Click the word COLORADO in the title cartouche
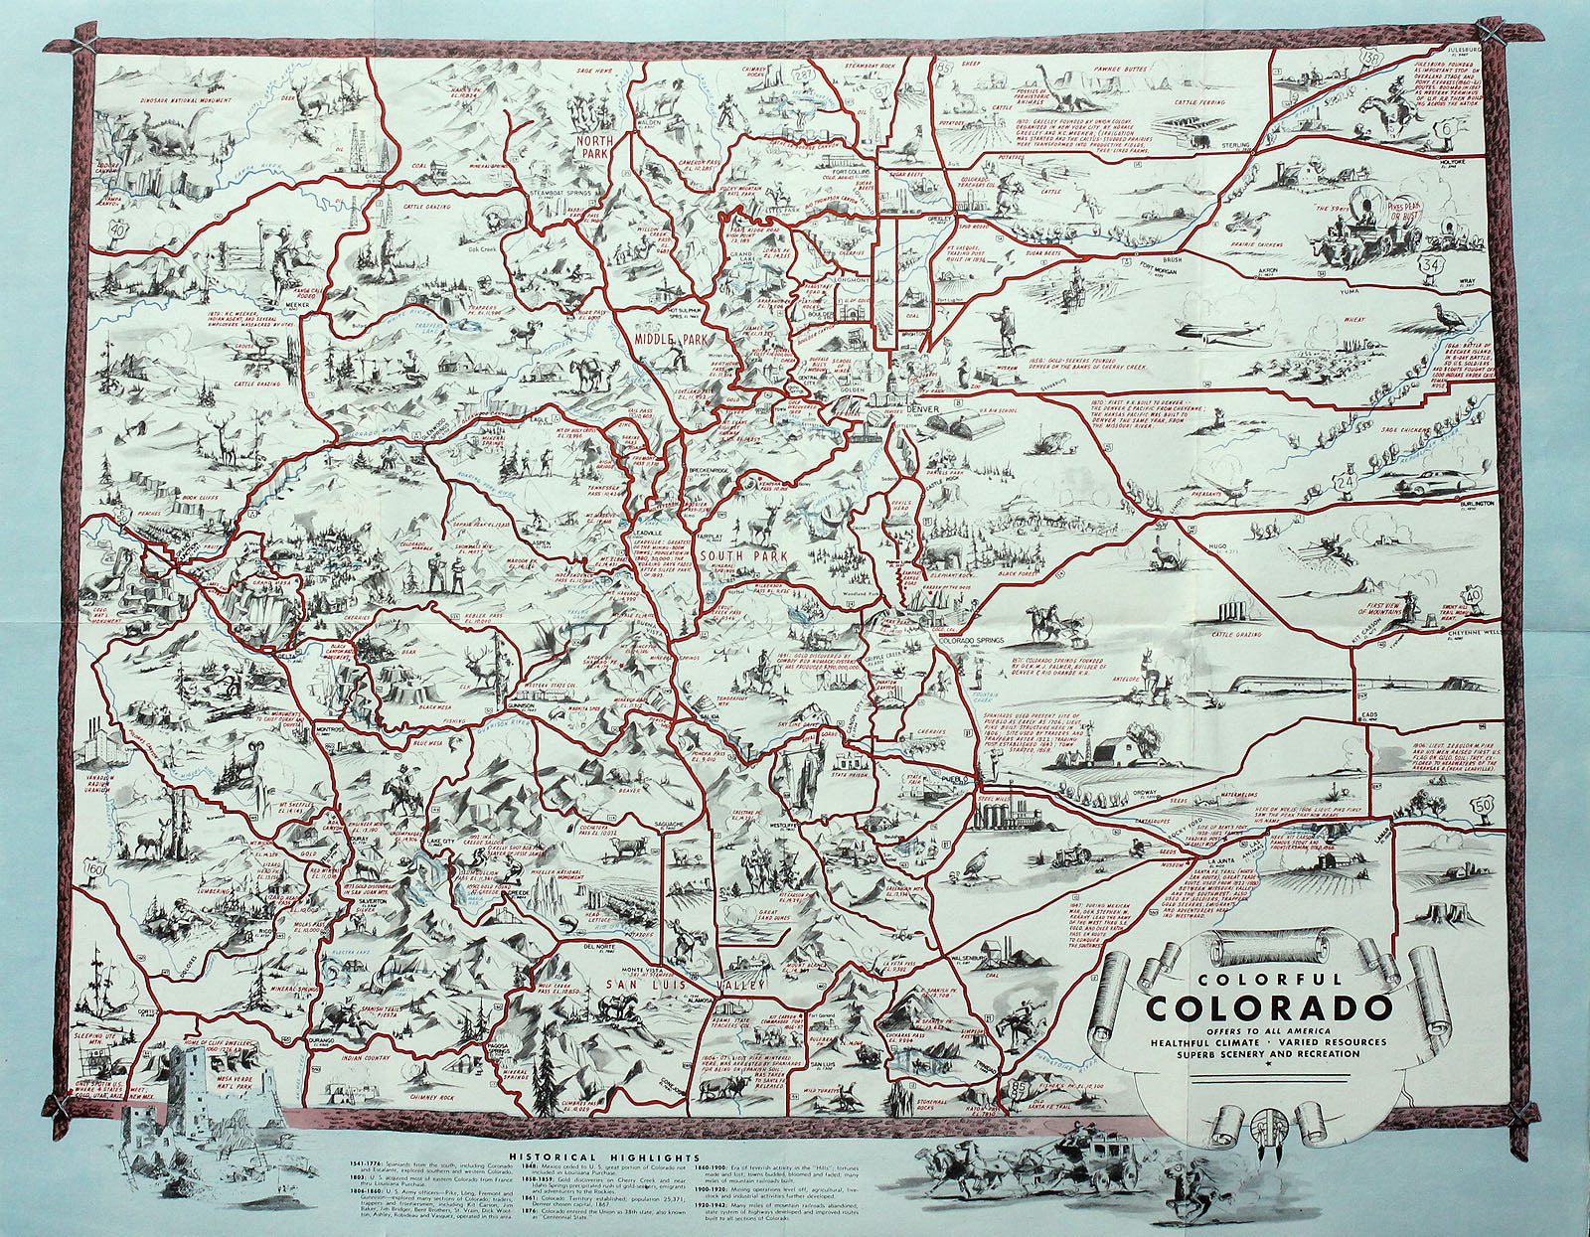(1267, 1007)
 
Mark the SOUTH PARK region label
(729, 556)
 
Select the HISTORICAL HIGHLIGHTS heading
(602, 1158)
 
